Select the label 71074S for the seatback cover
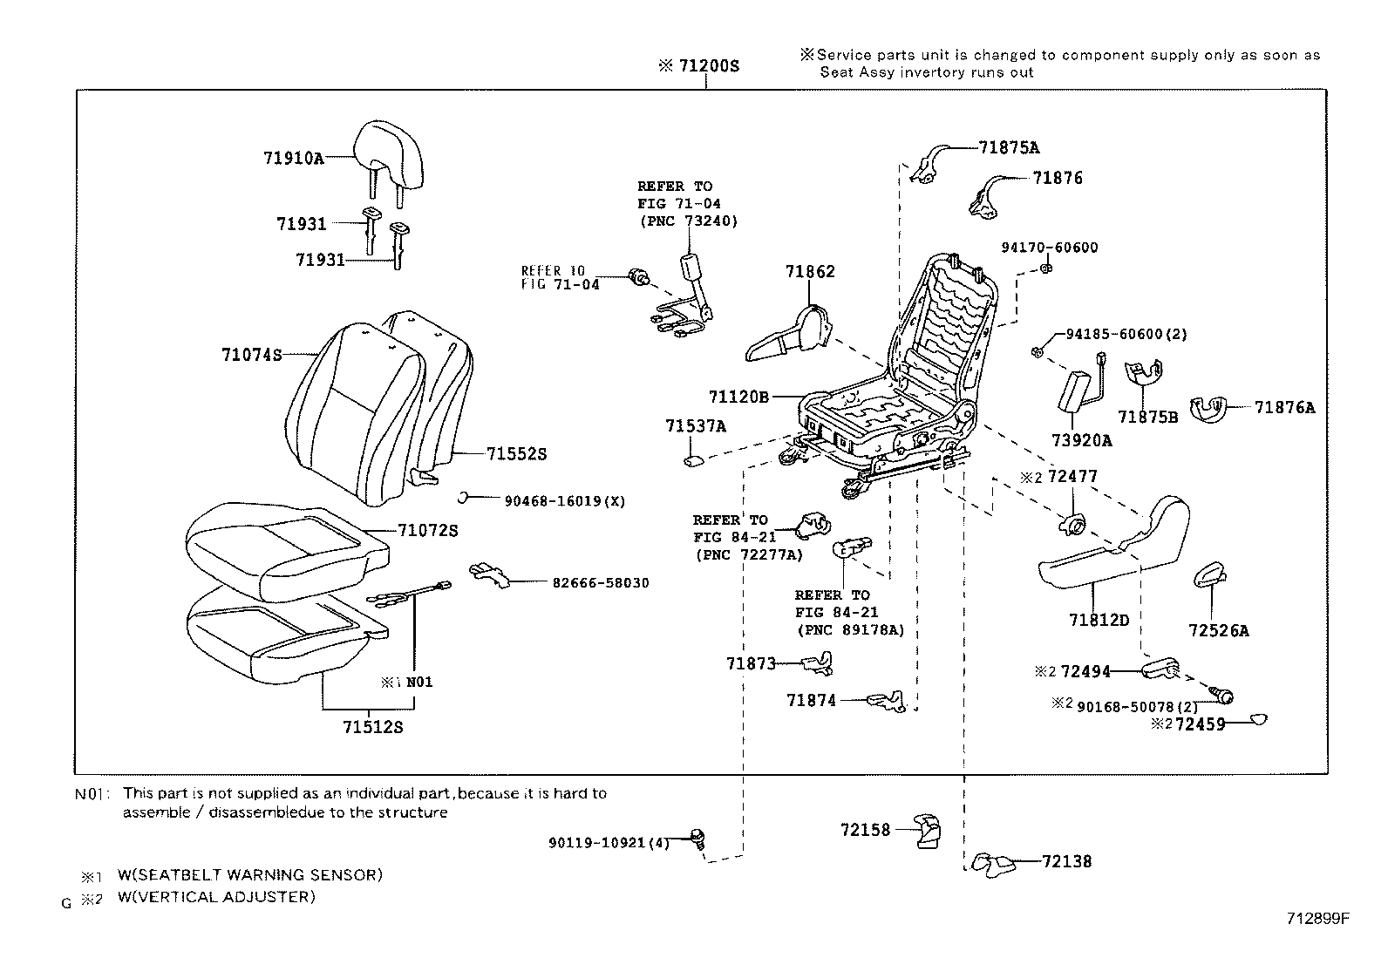251,355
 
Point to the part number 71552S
516,453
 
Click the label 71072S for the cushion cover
427,530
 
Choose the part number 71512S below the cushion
373,727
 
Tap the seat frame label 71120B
738,397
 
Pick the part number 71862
809,271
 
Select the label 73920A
1081,440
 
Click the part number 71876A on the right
1284,406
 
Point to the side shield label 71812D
1099,620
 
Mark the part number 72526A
1218,630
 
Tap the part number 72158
865,829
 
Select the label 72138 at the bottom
1066,861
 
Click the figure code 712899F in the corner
1317,918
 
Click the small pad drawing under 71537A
693,458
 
